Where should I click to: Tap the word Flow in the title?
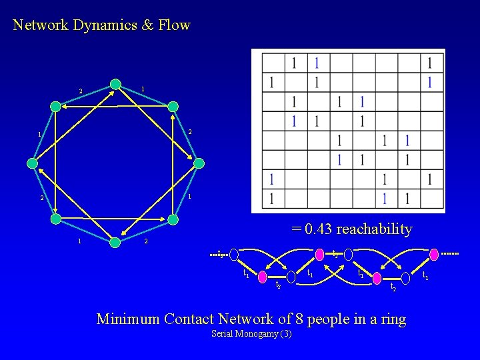175,25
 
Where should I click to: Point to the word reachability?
374,229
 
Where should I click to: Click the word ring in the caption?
391,319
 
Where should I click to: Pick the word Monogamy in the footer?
257,333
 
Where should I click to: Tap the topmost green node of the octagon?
116,84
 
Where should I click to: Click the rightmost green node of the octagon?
199,163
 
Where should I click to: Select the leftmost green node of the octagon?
32,163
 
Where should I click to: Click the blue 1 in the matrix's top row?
317,63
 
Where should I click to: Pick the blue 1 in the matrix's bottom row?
385,199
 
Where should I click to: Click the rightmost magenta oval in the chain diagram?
434,254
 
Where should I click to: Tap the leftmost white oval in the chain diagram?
234,254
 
